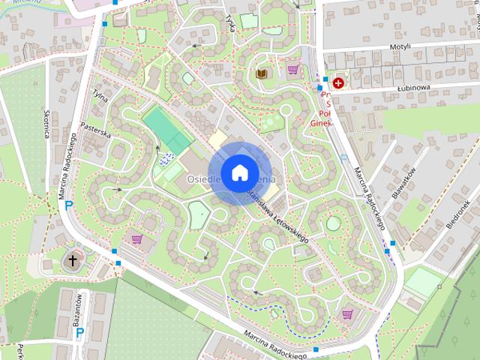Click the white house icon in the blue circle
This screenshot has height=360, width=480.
point(239,172)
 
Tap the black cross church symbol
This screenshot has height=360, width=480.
point(73,261)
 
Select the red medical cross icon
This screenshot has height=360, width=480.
point(339,82)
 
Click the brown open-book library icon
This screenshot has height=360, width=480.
point(261,73)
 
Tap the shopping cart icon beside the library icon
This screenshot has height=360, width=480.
point(292,70)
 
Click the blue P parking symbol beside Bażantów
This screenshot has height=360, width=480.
point(79,331)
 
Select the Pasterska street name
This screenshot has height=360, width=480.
point(95,131)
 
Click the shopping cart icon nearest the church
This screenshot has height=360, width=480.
point(137,239)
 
